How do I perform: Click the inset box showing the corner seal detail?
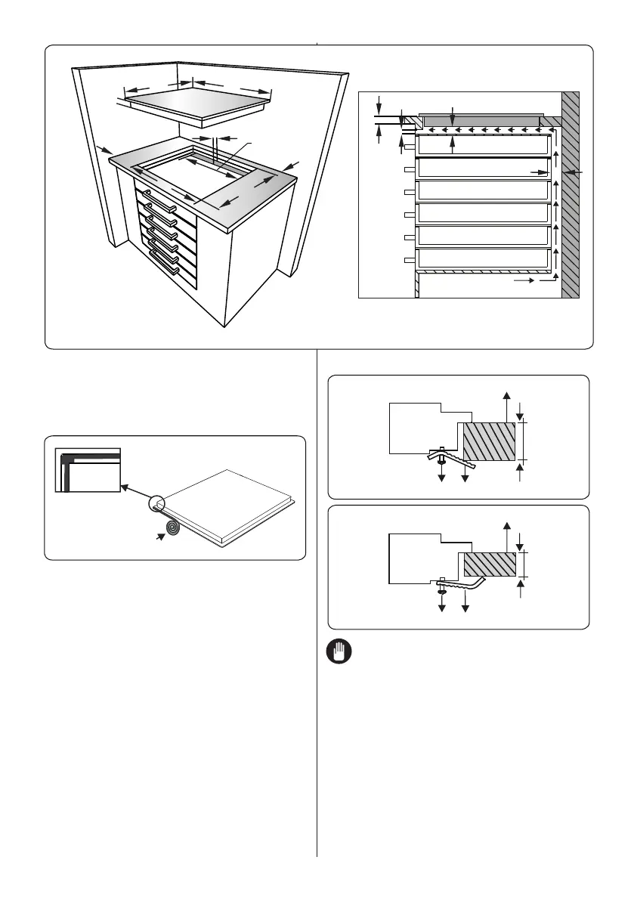coord(88,469)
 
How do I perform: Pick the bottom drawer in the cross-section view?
coord(482,258)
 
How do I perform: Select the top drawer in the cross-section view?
coord(482,145)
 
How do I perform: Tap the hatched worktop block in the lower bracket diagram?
coord(490,564)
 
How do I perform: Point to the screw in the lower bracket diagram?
coord(441,587)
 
